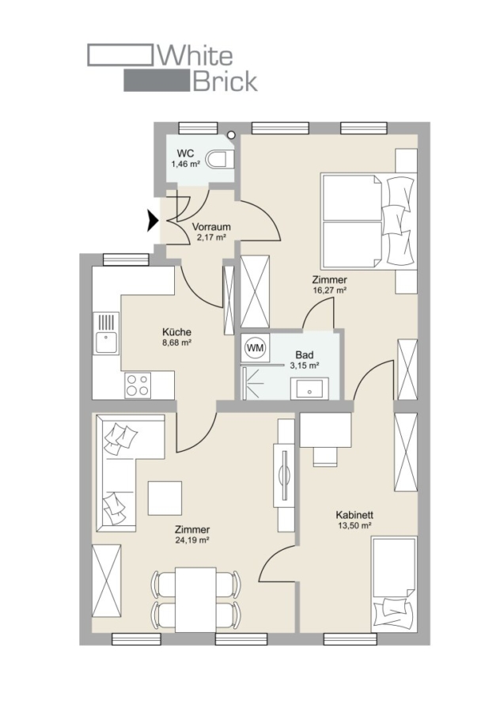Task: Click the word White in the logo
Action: click(x=195, y=56)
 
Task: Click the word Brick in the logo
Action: click(x=225, y=81)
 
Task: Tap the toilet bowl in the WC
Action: click(x=220, y=160)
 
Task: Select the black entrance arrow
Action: click(x=153, y=221)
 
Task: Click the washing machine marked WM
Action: click(x=255, y=348)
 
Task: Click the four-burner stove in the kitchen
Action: click(x=138, y=385)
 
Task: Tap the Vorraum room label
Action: click(x=211, y=226)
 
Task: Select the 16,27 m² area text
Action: click(x=330, y=290)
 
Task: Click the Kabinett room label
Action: click(x=354, y=515)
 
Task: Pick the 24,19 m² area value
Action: click(x=191, y=540)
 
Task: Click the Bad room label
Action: click(x=304, y=354)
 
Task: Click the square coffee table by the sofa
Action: click(x=165, y=498)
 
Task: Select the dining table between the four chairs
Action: click(x=195, y=600)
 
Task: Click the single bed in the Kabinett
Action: click(x=394, y=585)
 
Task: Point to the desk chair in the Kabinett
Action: click(x=326, y=456)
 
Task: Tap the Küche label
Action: click(x=176, y=332)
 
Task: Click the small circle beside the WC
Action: click(x=232, y=134)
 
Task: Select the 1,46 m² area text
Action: click(x=186, y=164)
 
